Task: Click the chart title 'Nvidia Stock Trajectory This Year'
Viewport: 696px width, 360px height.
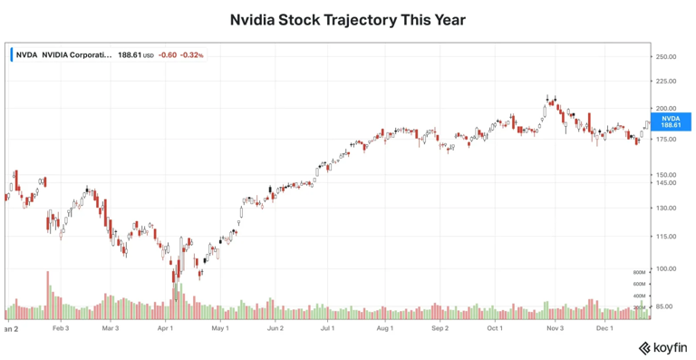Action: point(347,19)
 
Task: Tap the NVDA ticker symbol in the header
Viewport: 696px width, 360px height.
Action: point(26,54)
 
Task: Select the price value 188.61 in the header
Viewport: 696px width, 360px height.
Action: point(129,54)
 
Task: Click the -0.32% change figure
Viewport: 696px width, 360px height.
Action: point(191,54)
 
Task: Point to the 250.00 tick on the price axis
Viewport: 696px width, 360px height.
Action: point(666,56)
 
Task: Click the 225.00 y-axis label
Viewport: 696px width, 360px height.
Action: point(666,81)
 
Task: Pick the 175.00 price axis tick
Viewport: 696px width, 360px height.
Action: point(666,140)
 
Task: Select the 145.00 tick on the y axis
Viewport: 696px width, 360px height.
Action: point(666,182)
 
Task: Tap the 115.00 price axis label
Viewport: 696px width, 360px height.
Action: point(666,236)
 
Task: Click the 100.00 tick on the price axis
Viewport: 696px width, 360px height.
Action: point(666,268)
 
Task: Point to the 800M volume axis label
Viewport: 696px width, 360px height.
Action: point(638,272)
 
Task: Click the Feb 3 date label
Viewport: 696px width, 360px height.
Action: point(61,328)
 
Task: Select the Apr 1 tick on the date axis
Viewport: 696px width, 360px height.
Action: point(165,328)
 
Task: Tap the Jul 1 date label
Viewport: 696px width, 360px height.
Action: point(326,328)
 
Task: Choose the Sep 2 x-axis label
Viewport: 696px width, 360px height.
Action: point(440,328)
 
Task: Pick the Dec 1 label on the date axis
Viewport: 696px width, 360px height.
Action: point(604,328)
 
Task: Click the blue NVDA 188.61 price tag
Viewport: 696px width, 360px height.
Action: point(671,122)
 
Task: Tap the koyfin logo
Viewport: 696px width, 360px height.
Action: point(662,347)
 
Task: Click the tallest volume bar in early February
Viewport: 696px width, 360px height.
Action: point(48,295)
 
